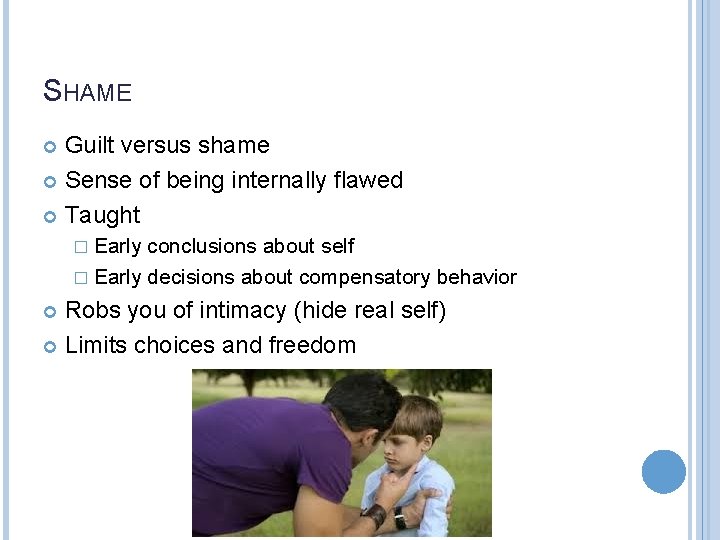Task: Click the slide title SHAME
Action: click(88, 92)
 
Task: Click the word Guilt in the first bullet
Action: click(87, 146)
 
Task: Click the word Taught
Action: click(102, 215)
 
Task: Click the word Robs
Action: click(90, 311)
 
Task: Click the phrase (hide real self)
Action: click(369, 311)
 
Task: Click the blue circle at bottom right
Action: click(663, 472)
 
